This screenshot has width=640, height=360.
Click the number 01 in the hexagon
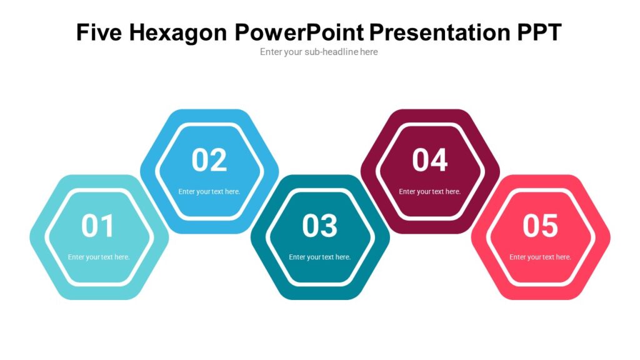pos(98,226)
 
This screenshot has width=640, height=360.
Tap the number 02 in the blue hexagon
pos(209,160)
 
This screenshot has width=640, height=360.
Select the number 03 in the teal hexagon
pos(319,226)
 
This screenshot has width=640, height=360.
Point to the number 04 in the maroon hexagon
pos(430,160)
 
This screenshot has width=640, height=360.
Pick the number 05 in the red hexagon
pos(540,226)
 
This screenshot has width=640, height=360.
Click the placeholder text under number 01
pos(99,257)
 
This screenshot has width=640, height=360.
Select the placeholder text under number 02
pos(209,191)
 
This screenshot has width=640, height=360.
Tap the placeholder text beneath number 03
pos(319,257)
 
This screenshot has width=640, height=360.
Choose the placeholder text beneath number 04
pos(430,191)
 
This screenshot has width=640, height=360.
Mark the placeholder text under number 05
pos(540,257)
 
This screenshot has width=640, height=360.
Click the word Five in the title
pos(99,32)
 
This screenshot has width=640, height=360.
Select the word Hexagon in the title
pos(179,32)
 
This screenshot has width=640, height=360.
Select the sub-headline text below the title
pos(319,52)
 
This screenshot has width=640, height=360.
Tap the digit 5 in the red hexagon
pos(549,226)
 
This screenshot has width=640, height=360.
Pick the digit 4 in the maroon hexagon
pos(439,160)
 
